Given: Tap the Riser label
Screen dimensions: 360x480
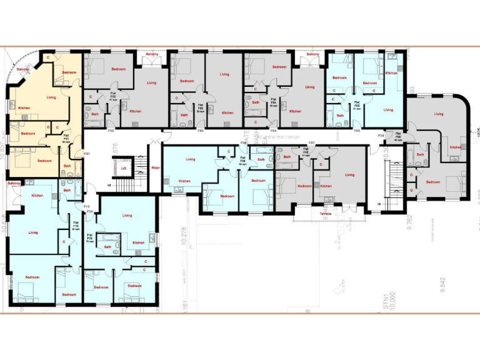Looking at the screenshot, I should (156, 167).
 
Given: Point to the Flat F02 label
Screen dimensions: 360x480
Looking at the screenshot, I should (113, 97).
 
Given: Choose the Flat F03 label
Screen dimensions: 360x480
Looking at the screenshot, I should (201, 106).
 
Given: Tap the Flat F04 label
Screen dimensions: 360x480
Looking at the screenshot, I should (273, 102).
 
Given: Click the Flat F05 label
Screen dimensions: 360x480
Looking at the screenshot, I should (357, 104).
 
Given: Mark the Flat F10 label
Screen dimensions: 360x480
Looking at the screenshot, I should (76, 226).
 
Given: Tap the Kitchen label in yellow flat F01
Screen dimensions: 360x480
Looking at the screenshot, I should (24, 108).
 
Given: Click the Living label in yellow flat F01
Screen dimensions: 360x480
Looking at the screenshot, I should (51, 97).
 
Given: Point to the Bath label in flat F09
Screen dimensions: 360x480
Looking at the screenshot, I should (107, 247).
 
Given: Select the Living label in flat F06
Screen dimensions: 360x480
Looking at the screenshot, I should (190, 159).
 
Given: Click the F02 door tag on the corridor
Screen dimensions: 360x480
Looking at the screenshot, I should (111, 131).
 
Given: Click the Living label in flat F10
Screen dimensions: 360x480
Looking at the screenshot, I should (32, 232).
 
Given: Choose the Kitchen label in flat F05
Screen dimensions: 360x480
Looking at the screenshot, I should (391, 73).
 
